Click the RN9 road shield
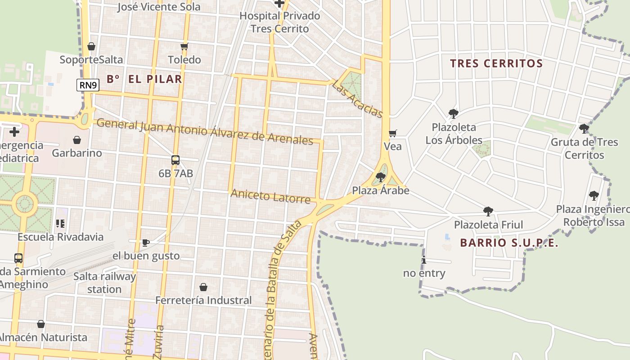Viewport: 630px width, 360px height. [88, 85]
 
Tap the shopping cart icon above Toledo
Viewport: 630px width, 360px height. [184, 46]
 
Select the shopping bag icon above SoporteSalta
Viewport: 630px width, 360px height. [91, 46]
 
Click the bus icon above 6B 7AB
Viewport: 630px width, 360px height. [175, 160]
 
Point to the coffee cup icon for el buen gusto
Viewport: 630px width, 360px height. [146, 243]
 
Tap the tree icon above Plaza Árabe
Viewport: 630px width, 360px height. [381, 177]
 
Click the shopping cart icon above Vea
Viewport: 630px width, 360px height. [393, 133]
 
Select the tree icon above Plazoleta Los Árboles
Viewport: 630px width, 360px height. [454, 114]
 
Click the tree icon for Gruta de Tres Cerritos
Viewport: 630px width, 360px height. [584, 129]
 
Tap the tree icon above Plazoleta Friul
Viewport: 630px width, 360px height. [488, 211]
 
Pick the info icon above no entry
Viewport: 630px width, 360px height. [424, 260]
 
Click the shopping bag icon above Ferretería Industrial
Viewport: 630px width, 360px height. [203, 287]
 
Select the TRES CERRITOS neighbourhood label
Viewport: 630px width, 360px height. [496, 63]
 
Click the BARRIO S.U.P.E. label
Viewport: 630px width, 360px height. [509, 243]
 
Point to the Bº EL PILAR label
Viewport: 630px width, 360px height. [144, 79]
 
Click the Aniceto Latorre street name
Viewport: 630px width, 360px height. [270, 197]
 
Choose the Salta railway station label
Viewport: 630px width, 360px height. [104, 283]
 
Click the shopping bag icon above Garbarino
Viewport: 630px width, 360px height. [77, 140]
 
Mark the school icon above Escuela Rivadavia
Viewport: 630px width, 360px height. [60, 223]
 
